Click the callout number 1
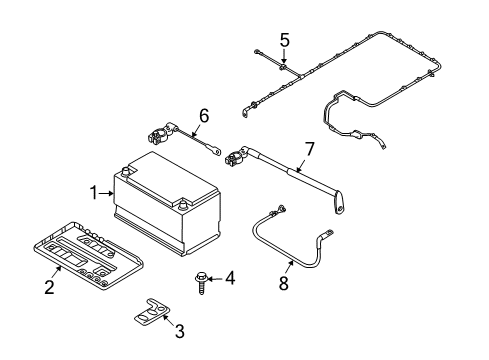95,193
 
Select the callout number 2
49,287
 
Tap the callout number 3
180,331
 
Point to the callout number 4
230,278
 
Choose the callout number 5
284,40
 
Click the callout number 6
204,116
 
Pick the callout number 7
310,149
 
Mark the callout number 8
283,283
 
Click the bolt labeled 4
201,283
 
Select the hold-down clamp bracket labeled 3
152,312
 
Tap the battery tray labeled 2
88,256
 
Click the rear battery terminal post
126,172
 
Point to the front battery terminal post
183,204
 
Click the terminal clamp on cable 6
159,133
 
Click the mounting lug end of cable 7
338,203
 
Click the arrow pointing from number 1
107,193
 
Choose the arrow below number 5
284,56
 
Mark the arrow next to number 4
215,278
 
